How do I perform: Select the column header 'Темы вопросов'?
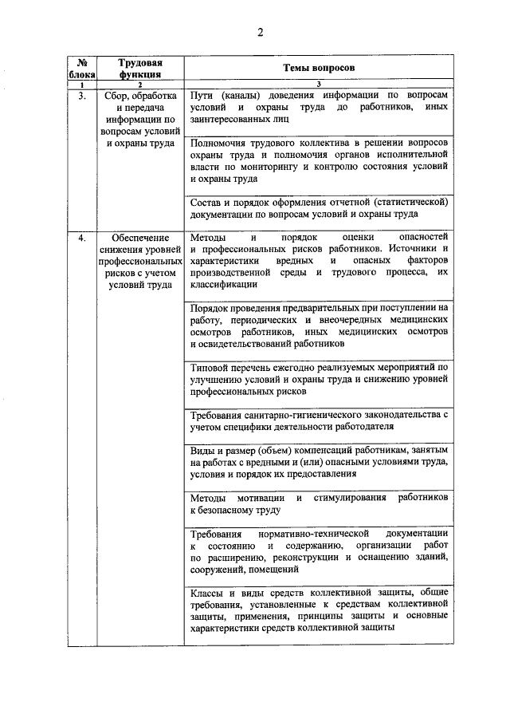(319, 68)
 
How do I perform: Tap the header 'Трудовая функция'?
(139, 68)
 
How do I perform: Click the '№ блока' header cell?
(80, 68)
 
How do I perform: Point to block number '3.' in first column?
(81, 95)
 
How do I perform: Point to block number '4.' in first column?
(81, 239)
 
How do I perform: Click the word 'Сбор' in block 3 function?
(117, 95)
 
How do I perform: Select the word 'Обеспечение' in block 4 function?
(139, 239)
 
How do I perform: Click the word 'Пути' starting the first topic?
(204, 95)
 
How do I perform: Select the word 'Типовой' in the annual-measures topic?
(211, 368)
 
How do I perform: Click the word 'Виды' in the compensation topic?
(204, 450)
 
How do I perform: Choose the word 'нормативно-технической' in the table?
(316, 533)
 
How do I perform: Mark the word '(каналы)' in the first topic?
(248, 95)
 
